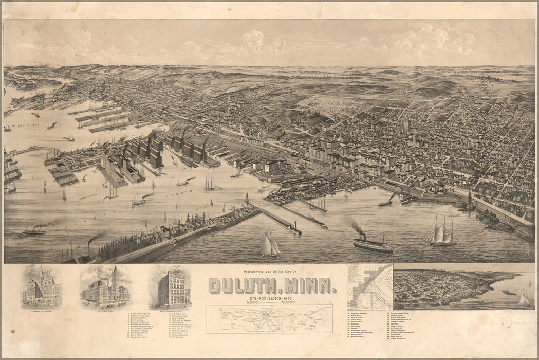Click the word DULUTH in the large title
pyautogui.click(x=243, y=286)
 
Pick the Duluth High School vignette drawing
pyautogui.click(x=105, y=287)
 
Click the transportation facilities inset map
pyautogui.click(x=270, y=319)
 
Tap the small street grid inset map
pyautogui.click(x=369, y=286)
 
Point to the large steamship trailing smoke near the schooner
pyautogui.click(x=372, y=244)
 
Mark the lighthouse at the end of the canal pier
pyautogui.click(x=294, y=226)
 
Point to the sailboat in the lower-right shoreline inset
pyautogui.click(x=524, y=298)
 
